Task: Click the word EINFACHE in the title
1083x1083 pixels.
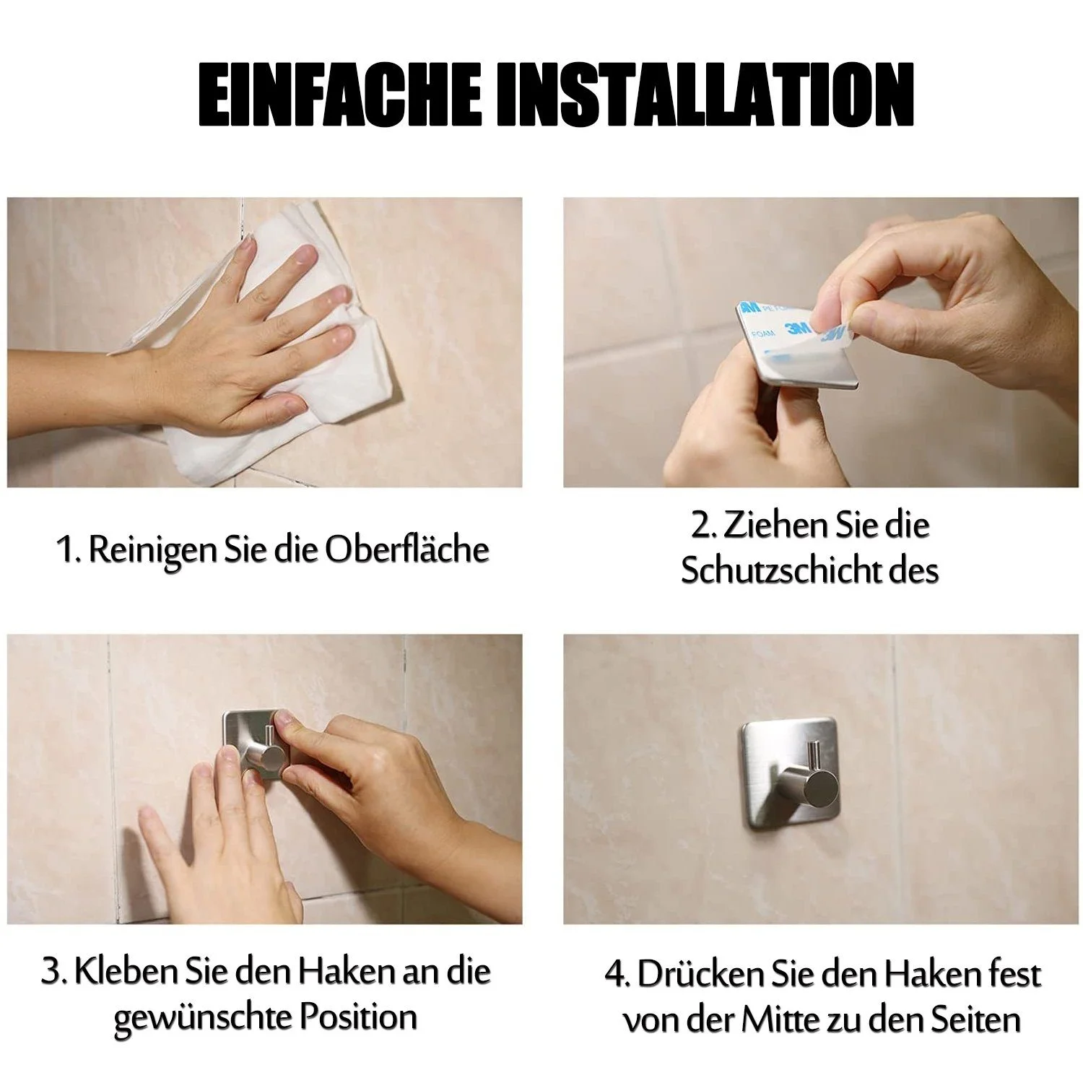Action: click(x=339, y=95)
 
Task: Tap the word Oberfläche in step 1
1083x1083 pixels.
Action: click(x=406, y=549)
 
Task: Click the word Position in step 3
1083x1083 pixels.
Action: click(x=359, y=1017)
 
